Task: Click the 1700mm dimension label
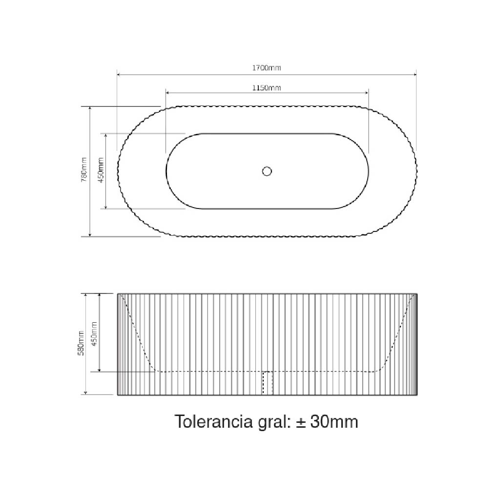coord(267,67)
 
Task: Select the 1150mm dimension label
coord(267,88)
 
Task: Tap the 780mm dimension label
coord(83,170)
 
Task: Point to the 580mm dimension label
coord(82,343)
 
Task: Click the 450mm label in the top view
coord(101,170)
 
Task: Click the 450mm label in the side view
coord(94,334)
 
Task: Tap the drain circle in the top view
coord(267,171)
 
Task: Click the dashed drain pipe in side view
coord(268,383)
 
